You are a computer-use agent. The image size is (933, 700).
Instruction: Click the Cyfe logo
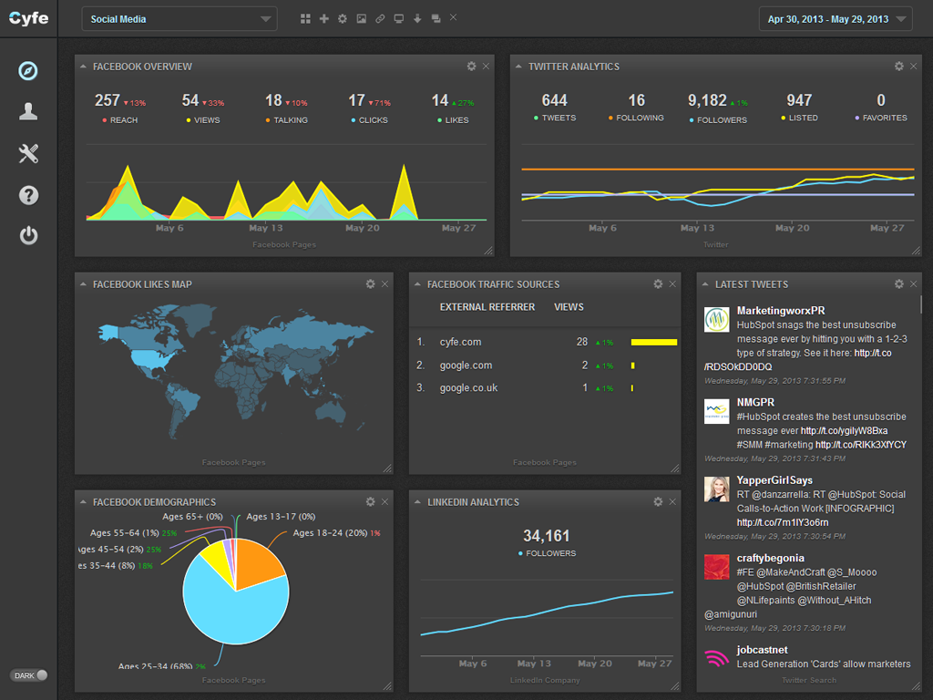[28, 18]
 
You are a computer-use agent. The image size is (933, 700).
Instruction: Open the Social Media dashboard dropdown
[179, 19]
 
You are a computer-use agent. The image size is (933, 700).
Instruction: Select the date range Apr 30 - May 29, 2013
[835, 19]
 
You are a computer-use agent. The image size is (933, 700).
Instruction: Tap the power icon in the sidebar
[28, 236]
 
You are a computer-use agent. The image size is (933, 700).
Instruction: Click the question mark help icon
[28, 195]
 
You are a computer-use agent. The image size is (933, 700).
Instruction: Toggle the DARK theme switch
[29, 675]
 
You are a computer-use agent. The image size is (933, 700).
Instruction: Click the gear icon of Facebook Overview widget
[471, 67]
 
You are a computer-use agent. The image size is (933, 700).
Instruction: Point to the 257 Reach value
[108, 100]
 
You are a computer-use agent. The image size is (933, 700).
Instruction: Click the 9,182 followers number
[707, 100]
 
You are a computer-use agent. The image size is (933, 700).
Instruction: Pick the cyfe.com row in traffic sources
[460, 342]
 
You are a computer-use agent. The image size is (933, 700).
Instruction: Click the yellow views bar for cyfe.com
[654, 343]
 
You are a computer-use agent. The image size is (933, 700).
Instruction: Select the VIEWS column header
[569, 307]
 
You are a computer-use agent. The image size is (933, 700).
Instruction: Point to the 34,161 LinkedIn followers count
[547, 536]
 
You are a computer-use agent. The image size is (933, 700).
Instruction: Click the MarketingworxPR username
[781, 311]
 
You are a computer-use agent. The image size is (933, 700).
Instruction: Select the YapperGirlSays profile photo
[716, 489]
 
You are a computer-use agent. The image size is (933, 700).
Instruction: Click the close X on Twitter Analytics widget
[914, 67]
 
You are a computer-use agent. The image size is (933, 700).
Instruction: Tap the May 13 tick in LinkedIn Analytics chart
[533, 664]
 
